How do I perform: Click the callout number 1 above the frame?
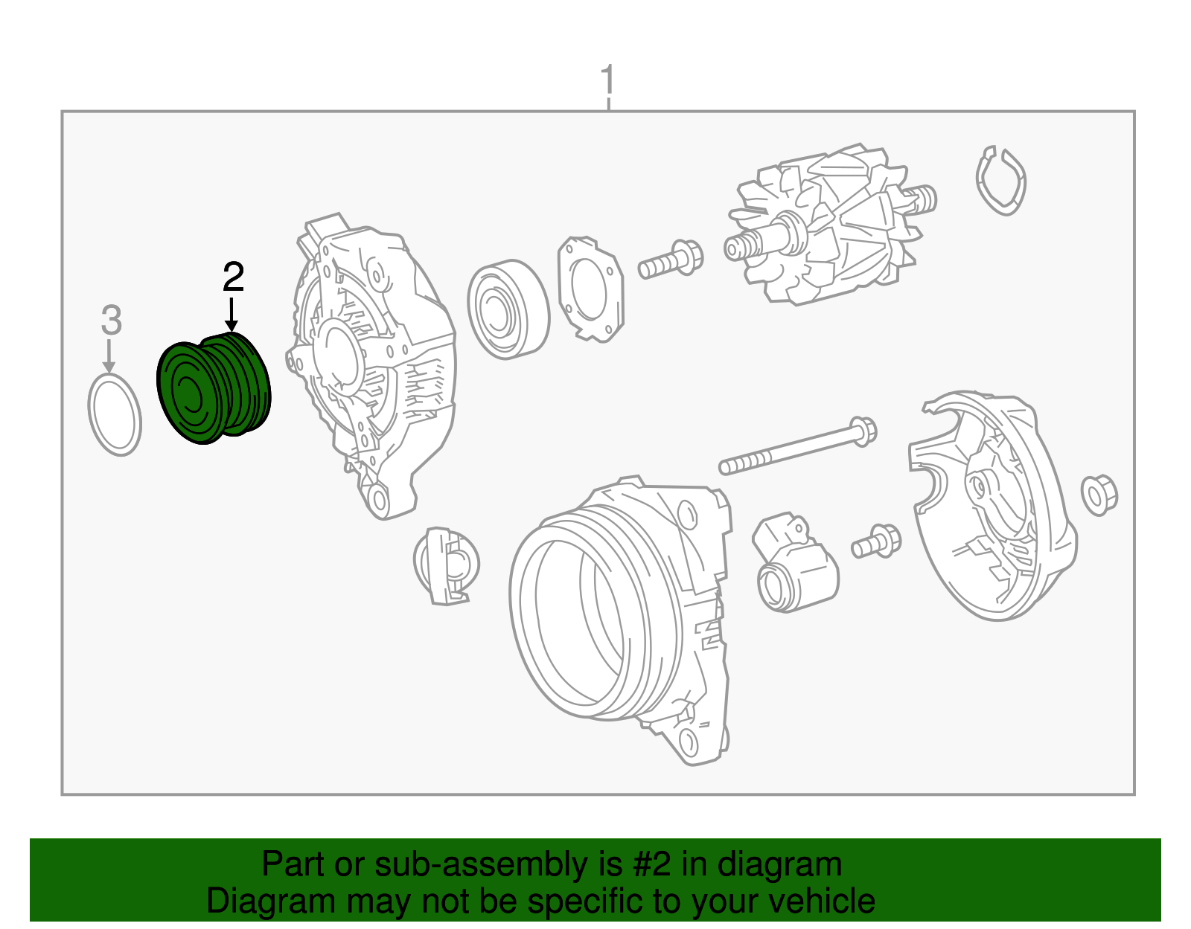coord(608,80)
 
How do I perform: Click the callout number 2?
coord(233,277)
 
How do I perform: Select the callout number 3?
coord(111,321)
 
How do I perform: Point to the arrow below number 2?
coord(232,315)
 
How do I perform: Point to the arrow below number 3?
coord(109,356)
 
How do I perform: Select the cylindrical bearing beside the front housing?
coord(508,309)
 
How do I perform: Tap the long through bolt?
coord(797,446)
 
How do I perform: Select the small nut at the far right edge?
coord(1099,495)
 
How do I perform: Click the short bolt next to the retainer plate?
coord(671,260)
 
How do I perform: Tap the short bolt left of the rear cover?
coord(875,541)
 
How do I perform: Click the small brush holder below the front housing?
coord(446,566)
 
